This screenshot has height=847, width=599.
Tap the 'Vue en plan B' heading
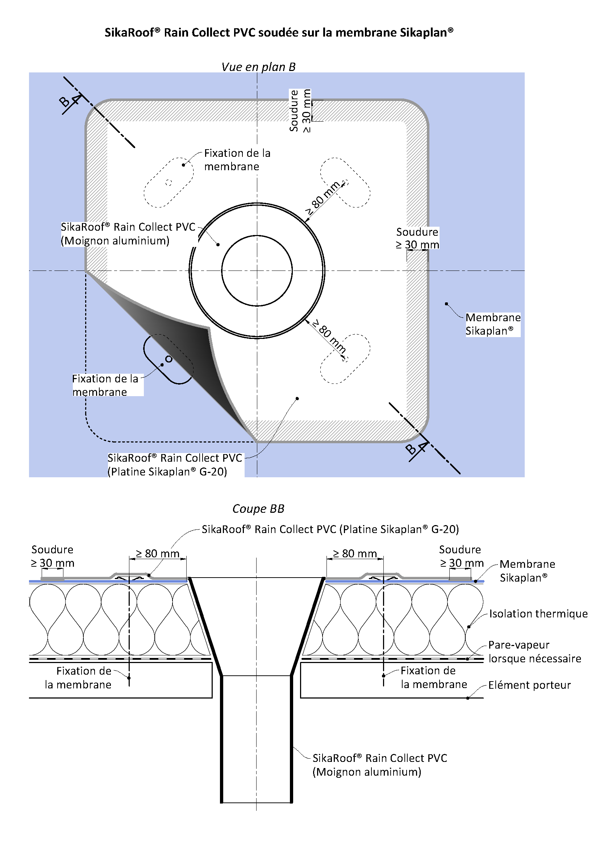(x=258, y=67)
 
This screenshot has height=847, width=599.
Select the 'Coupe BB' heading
(x=258, y=509)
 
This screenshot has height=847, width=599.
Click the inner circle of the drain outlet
(x=257, y=271)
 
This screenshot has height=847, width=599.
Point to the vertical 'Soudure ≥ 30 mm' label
(x=300, y=111)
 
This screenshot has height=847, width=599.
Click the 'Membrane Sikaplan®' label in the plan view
(x=492, y=324)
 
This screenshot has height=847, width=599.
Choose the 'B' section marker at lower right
(x=410, y=449)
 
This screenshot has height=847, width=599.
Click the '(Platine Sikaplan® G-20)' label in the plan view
(x=167, y=471)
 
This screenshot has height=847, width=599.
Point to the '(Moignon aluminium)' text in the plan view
(x=115, y=240)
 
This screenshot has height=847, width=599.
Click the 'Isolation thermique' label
(x=538, y=613)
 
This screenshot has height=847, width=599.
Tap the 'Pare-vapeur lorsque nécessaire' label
(x=534, y=651)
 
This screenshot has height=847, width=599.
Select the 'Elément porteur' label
(x=529, y=685)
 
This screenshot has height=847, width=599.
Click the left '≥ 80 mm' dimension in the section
(x=158, y=553)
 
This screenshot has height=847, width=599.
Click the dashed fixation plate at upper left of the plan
(x=169, y=182)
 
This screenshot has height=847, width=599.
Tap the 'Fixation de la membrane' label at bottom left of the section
(x=78, y=677)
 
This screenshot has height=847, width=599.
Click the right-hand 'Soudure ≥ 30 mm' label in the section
(x=461, y=556)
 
